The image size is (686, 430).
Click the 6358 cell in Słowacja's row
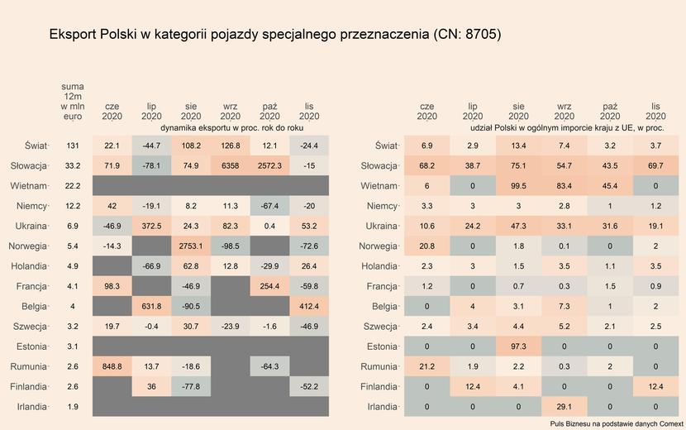(x=231, y=165)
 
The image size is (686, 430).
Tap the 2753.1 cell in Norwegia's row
(x=191, y=246)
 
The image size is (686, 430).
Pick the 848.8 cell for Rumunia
(x=112, y=366)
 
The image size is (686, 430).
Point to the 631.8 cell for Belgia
(x=151, y=306)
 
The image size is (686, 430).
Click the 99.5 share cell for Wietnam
(x=518, y=185)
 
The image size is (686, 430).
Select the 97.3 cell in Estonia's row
(x=518, y=346)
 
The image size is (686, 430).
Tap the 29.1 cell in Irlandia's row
(x=565, y=407)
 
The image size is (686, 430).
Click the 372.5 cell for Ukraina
(x=151, y=226)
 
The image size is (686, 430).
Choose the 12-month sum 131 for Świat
(x=73, y=146)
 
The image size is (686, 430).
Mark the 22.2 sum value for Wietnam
(x=73, y=185)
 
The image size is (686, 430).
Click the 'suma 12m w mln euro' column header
(x=73, y=102)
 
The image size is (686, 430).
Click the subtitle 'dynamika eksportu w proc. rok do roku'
(x=231, y=129)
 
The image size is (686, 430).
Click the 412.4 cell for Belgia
(x=309, y=306)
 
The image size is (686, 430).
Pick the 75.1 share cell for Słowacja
(x=518, y=165)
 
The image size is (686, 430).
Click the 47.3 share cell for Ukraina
(x=518, y=226)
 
